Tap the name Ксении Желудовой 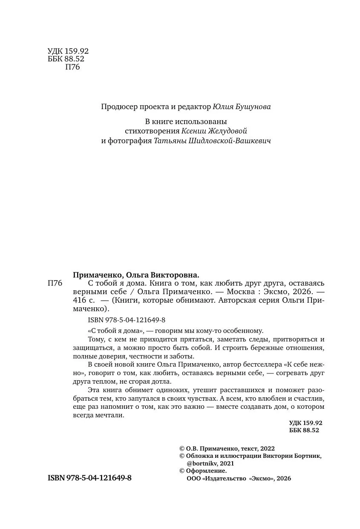point(214,131)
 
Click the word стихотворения point(151,131)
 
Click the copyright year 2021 point(226,463)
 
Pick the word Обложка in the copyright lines point(199,456)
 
